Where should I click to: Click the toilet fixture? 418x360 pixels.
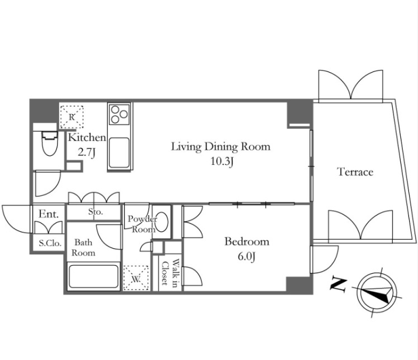50,143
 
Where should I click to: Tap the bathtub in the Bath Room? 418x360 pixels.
93,276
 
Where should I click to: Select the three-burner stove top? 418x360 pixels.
119,114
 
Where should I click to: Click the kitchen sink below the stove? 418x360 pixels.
119,153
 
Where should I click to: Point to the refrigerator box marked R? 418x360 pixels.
72,117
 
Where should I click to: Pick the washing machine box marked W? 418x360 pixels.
136,278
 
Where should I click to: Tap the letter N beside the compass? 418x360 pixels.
338,285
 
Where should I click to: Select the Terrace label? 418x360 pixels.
355,172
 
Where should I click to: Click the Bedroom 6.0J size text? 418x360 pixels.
246,257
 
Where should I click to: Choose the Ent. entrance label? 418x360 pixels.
49,214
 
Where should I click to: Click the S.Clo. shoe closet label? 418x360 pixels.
50,243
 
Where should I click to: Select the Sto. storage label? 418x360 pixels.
96,212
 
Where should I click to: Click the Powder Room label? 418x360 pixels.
142,224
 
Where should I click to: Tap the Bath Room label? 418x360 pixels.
83,248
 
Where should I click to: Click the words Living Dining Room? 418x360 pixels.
221,147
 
